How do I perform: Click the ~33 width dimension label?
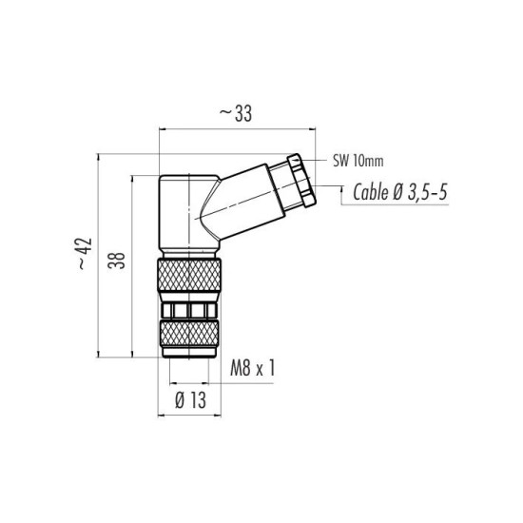coord(236,113)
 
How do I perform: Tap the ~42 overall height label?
coord(85,254)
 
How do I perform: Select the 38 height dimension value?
coord(117,261)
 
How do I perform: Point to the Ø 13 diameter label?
coord(190,400)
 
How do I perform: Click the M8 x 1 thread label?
coord(253,368)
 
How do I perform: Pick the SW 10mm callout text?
coord(358,162)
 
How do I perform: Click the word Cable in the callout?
coord(370,192)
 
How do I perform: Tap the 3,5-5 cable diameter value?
coord(427,192)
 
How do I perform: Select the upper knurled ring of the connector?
coord(189,276)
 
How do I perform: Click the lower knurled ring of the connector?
coord(189,334)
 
